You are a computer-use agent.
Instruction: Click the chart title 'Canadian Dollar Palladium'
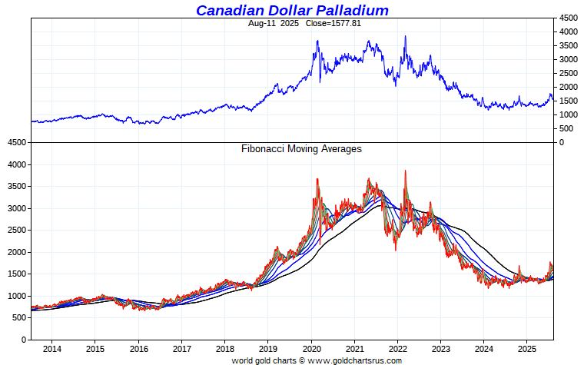click(292, 10)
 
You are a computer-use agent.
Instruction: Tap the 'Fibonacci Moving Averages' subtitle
click(301, 149)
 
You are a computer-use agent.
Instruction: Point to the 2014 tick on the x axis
click(52, 350)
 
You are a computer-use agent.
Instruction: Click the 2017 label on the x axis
click(181, 350)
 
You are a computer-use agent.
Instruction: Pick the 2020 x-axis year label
click(311, 350)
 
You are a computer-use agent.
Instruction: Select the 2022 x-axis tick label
click(397, 350)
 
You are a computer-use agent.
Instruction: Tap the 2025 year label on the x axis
click(526, 350)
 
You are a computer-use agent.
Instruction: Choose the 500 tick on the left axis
click(19, 318)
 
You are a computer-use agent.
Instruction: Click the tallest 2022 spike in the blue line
click(406, 36)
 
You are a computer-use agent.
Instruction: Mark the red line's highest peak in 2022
click(406, 171)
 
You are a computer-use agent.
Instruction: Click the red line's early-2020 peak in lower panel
click(317, 179)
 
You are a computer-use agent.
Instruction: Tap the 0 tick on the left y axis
click(25, 340)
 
